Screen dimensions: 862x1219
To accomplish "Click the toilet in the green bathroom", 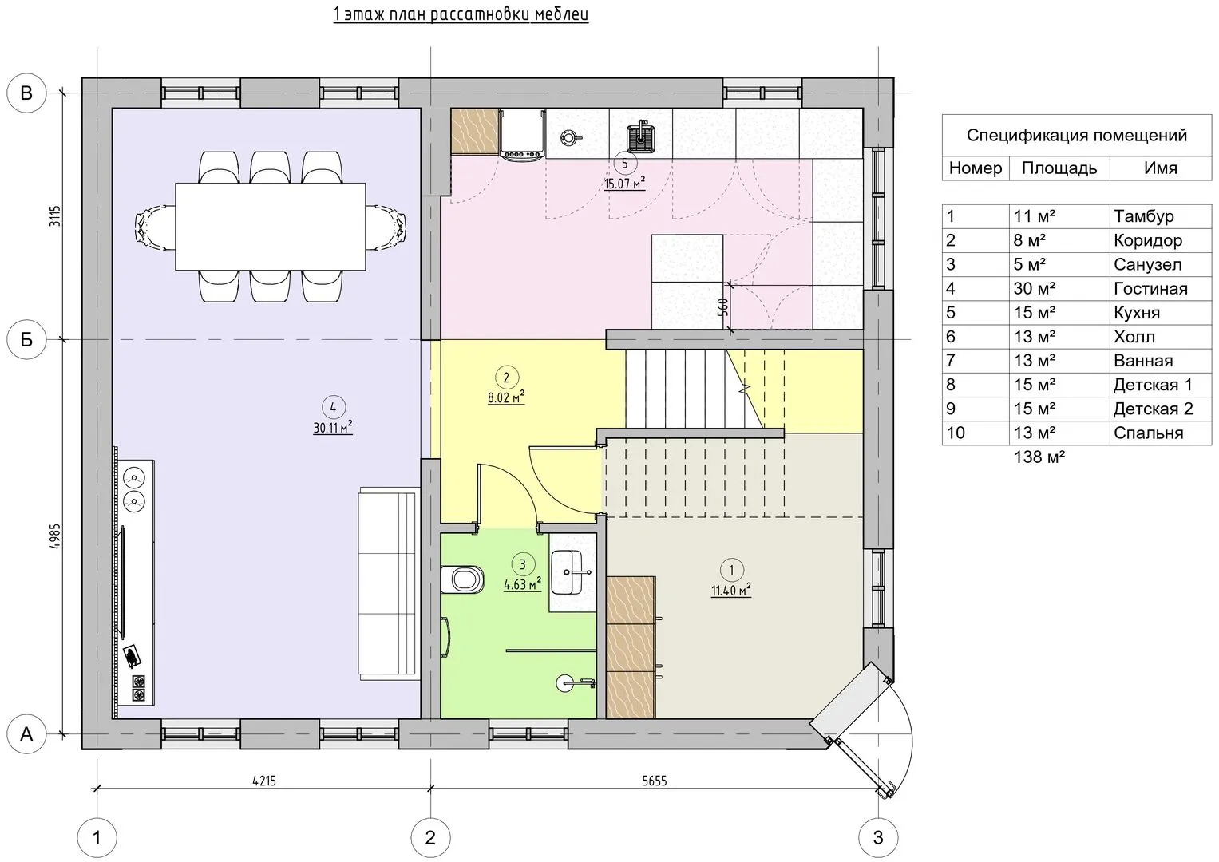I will tap(463, 579).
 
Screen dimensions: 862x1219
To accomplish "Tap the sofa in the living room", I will tap(388, 583).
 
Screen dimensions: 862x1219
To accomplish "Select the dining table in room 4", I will tap(270, 227).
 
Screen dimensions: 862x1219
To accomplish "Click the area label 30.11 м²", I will tap(333, 429).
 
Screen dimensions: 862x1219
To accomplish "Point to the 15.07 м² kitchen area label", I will tap(624, 184).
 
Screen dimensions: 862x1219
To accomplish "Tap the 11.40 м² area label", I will tap(731, 591).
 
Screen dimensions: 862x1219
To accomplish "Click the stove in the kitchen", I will tap(523, 132).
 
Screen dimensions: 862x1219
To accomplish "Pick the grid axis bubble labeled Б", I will tap(26, 340).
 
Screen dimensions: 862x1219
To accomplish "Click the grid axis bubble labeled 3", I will tap(878, 838).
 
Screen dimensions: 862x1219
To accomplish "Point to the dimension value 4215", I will tap(263, 781).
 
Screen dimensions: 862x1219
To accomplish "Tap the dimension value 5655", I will tap(655, 781).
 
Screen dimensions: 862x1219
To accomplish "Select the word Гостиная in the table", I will tap(1150, 289).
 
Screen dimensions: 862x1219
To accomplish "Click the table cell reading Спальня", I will tap(1148, 433).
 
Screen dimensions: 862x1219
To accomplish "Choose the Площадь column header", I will tap(1059, 168).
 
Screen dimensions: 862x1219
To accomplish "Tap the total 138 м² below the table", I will tap(1039, 457).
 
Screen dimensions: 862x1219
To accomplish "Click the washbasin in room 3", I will tap(573, 571).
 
